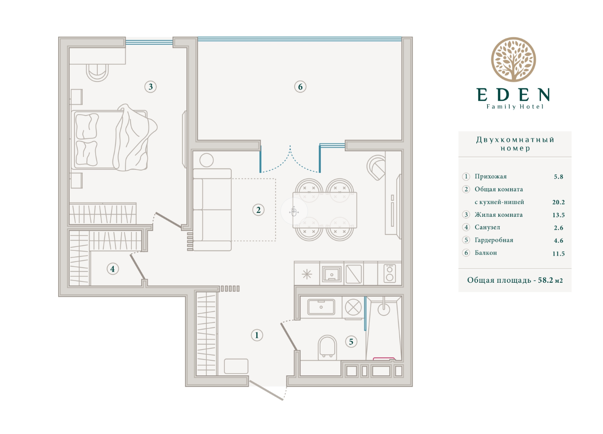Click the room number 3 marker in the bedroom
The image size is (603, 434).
pyautogui.click(x=150, y=87)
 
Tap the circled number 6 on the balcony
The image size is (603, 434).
pyautogui.click(x=300, y=87)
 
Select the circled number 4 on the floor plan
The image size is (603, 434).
pyautogui.click(x=112, y=269)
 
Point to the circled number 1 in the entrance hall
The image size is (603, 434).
pyautogui.click(x=257, y=335)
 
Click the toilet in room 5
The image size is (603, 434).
pyautogui.click(x=327, y=348)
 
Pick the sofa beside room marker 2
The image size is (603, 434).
pyautogui.click(x=212, y=210)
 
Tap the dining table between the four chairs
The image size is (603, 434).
pyautogui.click(x=325, y=210)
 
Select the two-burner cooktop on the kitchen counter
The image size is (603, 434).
pyautogui.click(x=389, y=273)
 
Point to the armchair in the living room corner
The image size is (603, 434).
pyautogui.click(x=376, y=167)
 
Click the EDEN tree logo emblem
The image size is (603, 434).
pyautogui.click(x=513, y=59)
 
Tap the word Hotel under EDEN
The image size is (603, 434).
pyautogui.click(x=532, y=107)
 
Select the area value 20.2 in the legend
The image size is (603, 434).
pyautogui.click(x=558, y=202)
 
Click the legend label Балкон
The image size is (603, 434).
pyautogui.click(x=486, y=253)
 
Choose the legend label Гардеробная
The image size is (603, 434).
pyautogui.click(x=494, y=240)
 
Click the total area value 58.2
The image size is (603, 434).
pyautogui.click(x=544, y=280)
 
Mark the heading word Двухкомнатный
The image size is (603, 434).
pyautogui.click(x=515, y=140)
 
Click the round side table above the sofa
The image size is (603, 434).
pyautogui.click(x=206, y=160)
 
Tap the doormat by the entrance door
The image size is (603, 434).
pyautogui.click(x=236, y=366)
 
